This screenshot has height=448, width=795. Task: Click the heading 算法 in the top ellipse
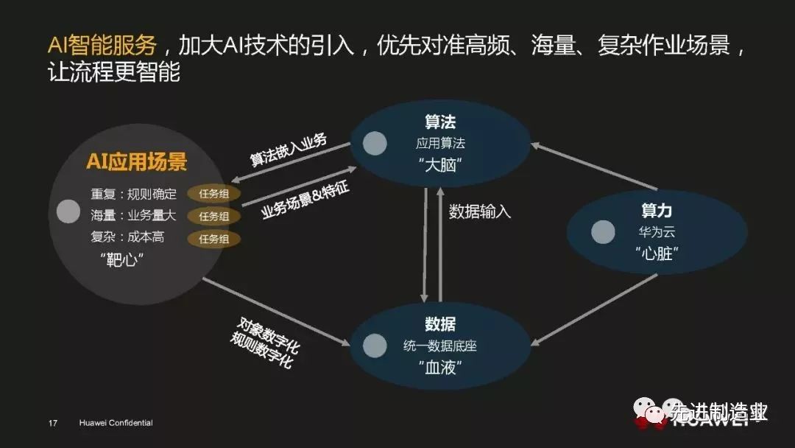(x=440, y=122)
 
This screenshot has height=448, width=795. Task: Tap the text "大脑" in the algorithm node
(x=440, y=165)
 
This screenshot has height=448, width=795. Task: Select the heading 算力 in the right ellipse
(x=656, y=211)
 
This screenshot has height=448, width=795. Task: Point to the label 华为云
(x=656, y=232)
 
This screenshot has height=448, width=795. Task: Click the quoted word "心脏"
(x=656, y=253)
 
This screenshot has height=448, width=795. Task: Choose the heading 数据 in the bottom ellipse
(x=440, y=323)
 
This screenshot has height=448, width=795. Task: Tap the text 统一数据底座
(x=440, y=345)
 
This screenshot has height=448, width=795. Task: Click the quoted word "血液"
(x=440, y=367)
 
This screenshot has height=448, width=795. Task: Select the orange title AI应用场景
(x=137, y=162)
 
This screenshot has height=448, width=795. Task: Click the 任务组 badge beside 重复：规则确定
(x=213, y=195)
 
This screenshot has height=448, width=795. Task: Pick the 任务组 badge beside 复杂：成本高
(x=213, y=239)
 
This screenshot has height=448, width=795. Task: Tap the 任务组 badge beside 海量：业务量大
(x=213, y=217)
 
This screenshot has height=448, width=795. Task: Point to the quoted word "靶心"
(x=121, y=260)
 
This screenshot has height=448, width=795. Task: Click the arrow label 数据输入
(x=480, y=211)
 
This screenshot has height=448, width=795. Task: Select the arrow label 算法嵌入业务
(x=289, y=150)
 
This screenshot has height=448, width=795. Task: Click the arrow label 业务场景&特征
(x=305, y=200)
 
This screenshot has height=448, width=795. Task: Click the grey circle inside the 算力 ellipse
(x=603, y=232)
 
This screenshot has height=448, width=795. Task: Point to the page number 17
(x=52, y=423)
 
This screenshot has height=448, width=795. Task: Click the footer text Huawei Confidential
(x=116, y=423)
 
